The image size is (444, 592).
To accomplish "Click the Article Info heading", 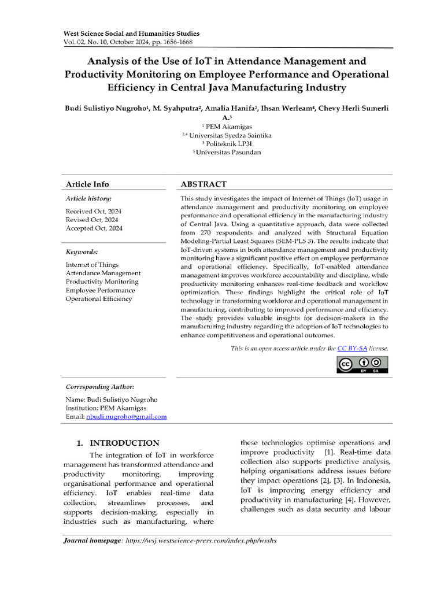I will coord(87,184).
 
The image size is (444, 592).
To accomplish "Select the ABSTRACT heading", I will coord(203,184).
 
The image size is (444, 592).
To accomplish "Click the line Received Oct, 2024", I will coord(94,212).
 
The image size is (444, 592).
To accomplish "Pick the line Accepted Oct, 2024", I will coord(94,228).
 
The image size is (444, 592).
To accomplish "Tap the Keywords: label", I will coord(82,252).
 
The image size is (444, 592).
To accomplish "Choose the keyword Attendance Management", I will coord(103,273).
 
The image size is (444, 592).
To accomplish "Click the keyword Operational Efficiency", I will coord(98,299).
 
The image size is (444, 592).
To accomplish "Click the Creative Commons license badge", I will coord(363,365).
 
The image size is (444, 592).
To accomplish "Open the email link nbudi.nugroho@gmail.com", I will coord(127,416).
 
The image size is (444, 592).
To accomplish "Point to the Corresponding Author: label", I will coord(99,387).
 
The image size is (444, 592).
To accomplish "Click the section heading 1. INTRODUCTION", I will coord(118,443).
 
